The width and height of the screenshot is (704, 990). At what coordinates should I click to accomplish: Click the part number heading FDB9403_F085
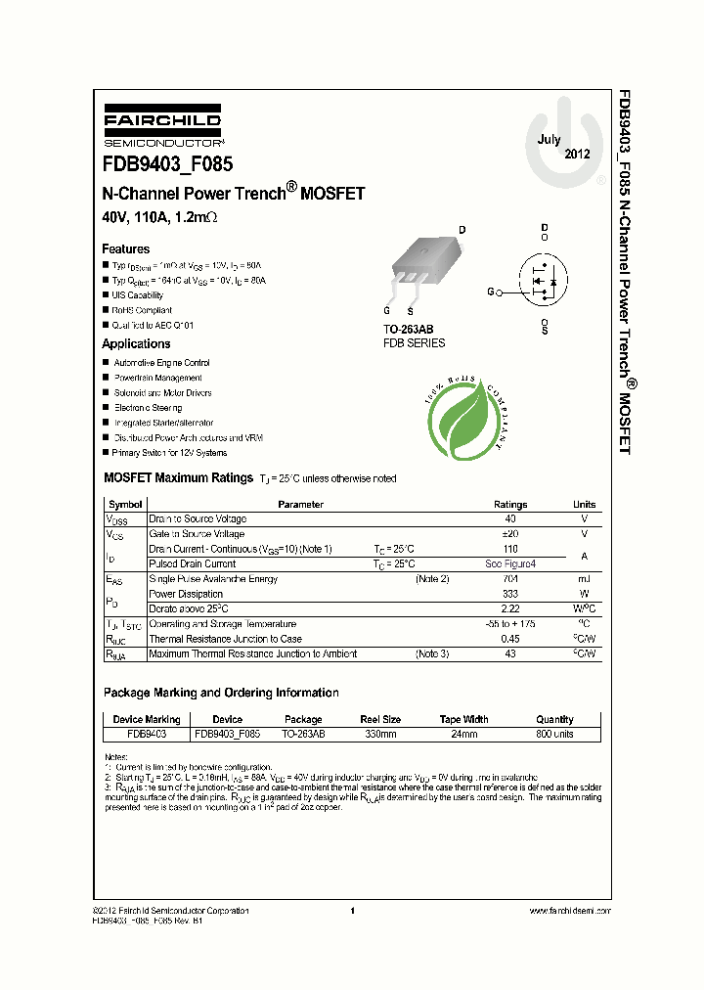click(167, 165)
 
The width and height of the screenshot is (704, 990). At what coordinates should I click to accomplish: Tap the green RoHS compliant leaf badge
click(464, 422)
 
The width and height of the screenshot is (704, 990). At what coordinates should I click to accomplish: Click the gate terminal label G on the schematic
click(491, 292)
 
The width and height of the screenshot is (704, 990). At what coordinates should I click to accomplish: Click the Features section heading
click(126, 249)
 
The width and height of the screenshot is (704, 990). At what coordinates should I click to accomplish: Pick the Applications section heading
click(136, 343)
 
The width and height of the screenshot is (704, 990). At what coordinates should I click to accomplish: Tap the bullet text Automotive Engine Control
click(161, 363)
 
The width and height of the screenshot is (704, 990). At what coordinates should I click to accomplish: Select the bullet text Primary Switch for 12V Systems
click(170, 453)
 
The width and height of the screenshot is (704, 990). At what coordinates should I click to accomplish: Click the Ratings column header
click(510, 505)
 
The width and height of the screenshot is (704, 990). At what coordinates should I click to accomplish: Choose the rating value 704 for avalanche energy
click(510, 579)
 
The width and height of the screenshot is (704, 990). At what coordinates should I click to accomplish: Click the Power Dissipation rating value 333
click(510, 594)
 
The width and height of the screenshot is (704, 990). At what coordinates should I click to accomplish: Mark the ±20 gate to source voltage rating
click(510, 534)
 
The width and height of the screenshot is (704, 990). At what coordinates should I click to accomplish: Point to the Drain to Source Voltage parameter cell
click(198, 519)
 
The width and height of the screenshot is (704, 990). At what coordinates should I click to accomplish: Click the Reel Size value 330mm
click(380, 734)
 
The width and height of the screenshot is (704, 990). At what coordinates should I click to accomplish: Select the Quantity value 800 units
click(554, 734)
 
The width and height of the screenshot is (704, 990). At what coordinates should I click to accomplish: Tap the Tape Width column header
click(463, 719)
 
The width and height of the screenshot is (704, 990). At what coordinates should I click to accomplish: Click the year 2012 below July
click(577, 155)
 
